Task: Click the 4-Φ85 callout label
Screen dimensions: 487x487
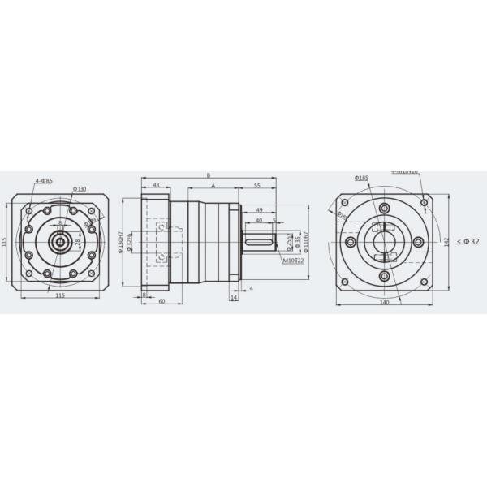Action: click(x=44, y=179)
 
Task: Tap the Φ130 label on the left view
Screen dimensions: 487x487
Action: click(x=80, y=188)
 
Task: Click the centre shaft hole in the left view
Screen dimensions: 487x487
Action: click(x=58, y=242)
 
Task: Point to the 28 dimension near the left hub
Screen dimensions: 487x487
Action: click(x=78, y=242)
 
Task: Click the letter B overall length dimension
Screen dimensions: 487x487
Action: click(x=209, y=175)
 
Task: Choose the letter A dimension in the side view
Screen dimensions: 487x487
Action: click(x=213, y=186)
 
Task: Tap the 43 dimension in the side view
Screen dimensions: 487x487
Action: click(x=156, y=186)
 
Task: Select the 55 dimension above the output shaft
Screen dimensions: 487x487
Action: click(x=256, y=186)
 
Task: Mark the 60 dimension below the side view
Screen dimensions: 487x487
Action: click(x=162, y=301)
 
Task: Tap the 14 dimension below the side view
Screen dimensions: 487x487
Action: click(x=234, y=298)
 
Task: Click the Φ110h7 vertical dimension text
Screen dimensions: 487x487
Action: click(x=307, y=243)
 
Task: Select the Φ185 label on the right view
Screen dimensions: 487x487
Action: click(x=362, y=177)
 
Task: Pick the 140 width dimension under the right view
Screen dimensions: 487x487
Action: click(x=384, y=302)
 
